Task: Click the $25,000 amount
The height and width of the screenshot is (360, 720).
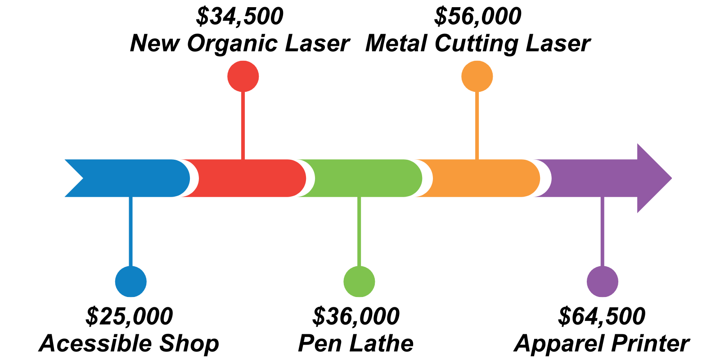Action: [x=129, y=316]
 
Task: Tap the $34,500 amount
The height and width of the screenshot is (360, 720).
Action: [x=240, y=17]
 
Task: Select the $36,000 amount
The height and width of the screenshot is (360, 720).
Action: [x=356, y=316]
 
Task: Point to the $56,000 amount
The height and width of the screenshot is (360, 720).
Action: [x=477, y=17]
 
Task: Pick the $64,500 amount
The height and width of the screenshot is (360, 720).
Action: [x=602, y=316]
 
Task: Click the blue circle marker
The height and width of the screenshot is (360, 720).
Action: [x=131, y=282]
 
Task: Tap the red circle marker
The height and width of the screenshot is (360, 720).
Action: [x=243, y=76]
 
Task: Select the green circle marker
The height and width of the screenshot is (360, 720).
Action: [x=359, y=282]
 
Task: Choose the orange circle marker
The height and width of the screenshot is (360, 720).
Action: [x=477, y=76]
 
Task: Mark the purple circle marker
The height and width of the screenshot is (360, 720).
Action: [x=603, y=282]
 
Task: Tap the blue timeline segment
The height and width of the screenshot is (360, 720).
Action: [x=130, y=178]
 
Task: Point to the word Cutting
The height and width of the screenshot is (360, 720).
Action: [x=477, y=44]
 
